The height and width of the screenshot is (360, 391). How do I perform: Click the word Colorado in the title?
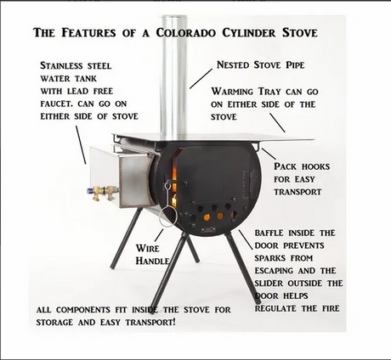(186, 32)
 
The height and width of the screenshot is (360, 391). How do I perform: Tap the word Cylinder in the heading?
(248, 32)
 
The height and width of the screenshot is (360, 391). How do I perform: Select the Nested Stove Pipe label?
(260, 65)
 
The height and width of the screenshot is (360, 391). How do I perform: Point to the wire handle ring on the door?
(168, 216)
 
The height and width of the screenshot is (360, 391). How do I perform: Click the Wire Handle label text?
(153, 255)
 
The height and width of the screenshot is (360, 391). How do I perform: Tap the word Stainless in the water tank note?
(61, 65)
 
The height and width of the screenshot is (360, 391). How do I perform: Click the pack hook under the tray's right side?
(257, 146)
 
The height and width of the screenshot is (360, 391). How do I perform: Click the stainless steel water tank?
(122, 176)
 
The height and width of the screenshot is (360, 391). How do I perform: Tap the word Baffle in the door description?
(269, 233)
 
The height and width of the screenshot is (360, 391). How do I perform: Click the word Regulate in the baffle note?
(276, 308)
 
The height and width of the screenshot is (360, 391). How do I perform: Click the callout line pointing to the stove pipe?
(201, 79)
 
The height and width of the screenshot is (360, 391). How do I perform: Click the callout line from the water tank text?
(81, 145)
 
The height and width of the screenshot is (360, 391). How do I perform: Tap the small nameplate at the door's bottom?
(208, 230)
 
